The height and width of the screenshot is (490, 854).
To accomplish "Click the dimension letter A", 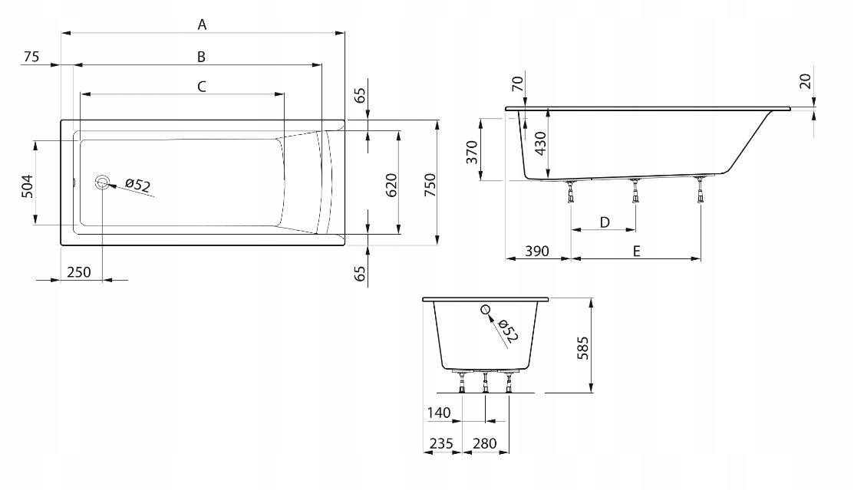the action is coord(202,25).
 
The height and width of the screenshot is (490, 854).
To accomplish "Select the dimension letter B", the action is coord(201,57).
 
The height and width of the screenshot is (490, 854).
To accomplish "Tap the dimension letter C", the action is coord(202,87).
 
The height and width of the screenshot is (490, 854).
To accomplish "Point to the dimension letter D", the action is coord(605,222).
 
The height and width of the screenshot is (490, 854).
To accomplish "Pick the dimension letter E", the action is coord(636,251).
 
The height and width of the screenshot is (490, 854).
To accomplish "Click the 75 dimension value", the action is coord(31,57).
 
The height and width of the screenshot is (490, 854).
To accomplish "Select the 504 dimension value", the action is coord(27,186).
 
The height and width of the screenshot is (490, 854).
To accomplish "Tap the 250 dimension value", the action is coord(78,271).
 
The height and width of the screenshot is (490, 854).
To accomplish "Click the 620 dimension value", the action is coord(391,185).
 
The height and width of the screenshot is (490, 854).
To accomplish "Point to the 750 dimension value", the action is coord(430,185).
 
